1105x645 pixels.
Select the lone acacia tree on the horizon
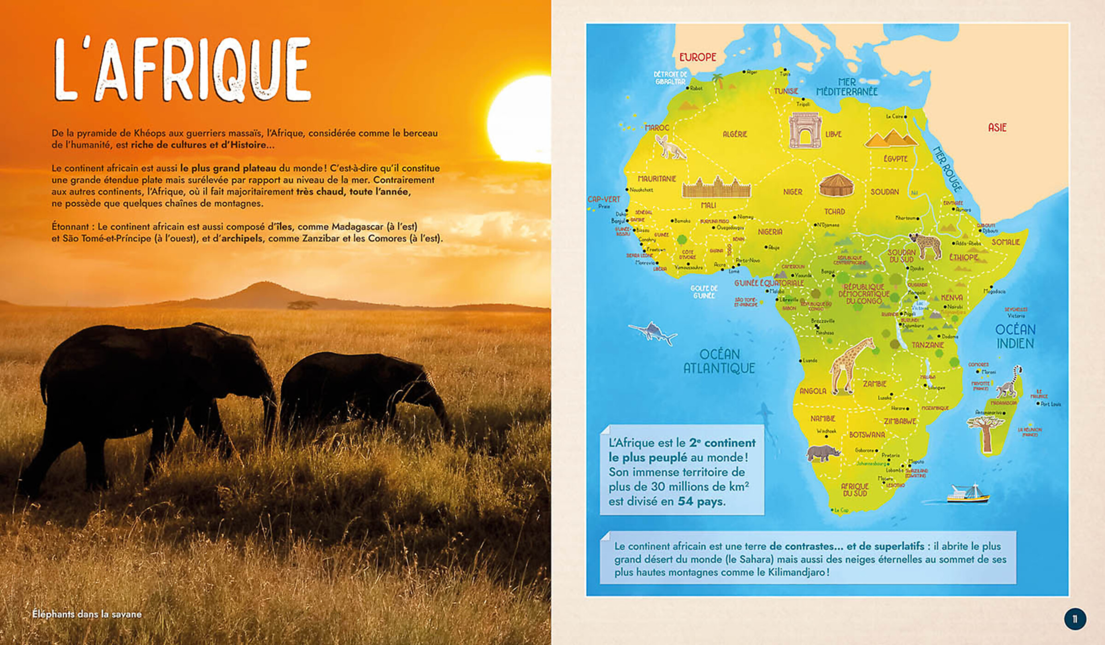pos(302,305)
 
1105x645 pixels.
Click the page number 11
pos(1075,619)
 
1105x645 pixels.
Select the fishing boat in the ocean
pos(968,494)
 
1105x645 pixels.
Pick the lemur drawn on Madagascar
pos(1010,382)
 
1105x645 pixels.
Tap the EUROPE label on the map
pos(697,57)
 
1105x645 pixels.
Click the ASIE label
pos(997,128)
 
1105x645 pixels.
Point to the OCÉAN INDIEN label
pos(1015,336)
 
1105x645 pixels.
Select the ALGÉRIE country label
pos(734,134)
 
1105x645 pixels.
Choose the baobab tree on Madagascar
pos(985,433)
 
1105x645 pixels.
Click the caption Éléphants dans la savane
pos(87,614)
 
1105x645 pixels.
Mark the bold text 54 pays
pos(702,501)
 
